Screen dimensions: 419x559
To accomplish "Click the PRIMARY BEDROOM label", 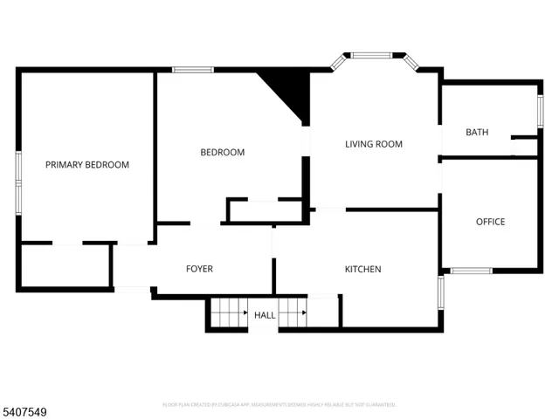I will pyautogui.click(x=87, y=165).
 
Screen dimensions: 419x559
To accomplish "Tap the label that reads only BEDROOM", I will pyautogui.click(x=223, y=153).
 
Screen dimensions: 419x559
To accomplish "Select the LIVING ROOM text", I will pyautogui.click(x=373, y=144).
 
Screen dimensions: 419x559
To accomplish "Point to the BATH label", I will pyautogui.click(x=477, y=133).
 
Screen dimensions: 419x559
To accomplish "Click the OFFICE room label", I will pyautogui.click(x=490, y=222).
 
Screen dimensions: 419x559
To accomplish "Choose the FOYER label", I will pyautogui.click(x=199, y=269).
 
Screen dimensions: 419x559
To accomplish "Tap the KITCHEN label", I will pyautogui.click(x=362, y=269).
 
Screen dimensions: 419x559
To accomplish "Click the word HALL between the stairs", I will pyautogui.click(x=265, y=315).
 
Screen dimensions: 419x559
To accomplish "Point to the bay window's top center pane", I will pyautogui.click(x=374, y=56).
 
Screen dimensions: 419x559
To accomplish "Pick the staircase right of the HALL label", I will pyautogui.click(x=293, y=312).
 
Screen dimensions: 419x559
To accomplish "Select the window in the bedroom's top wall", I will pyautogui.click(x=193, y=70).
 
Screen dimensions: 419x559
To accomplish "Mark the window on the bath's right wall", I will pyautogui.click(x=539, y=113).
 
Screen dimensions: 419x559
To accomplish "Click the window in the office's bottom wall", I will pyautogui.click(x=472, y=270).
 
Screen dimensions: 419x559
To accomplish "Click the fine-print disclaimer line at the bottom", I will pyautogui.click(x=279, y=405).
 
